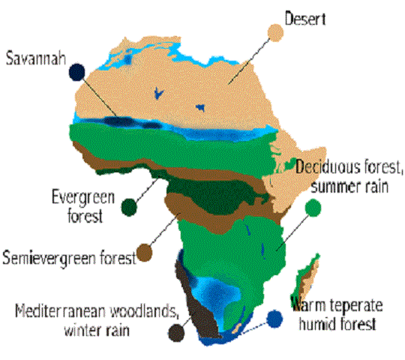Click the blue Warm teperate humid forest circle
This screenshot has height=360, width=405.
point(277,318)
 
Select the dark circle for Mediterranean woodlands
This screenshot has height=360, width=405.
point(178,331)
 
